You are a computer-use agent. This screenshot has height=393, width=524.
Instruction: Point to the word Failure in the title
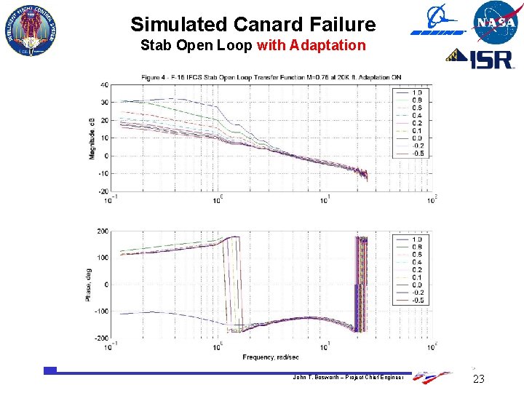click(x=344, y=25)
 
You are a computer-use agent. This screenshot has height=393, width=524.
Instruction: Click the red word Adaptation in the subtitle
click(x=327, y=46)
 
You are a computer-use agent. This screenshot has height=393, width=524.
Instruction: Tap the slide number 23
click(x=478, y=379)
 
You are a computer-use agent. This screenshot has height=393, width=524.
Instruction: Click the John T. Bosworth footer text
click(x=349, y=377)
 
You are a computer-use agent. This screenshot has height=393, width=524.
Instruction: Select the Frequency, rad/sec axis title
click(x=271, y=357)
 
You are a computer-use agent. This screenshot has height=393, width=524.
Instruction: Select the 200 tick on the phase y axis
click(x=103, y=231)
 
